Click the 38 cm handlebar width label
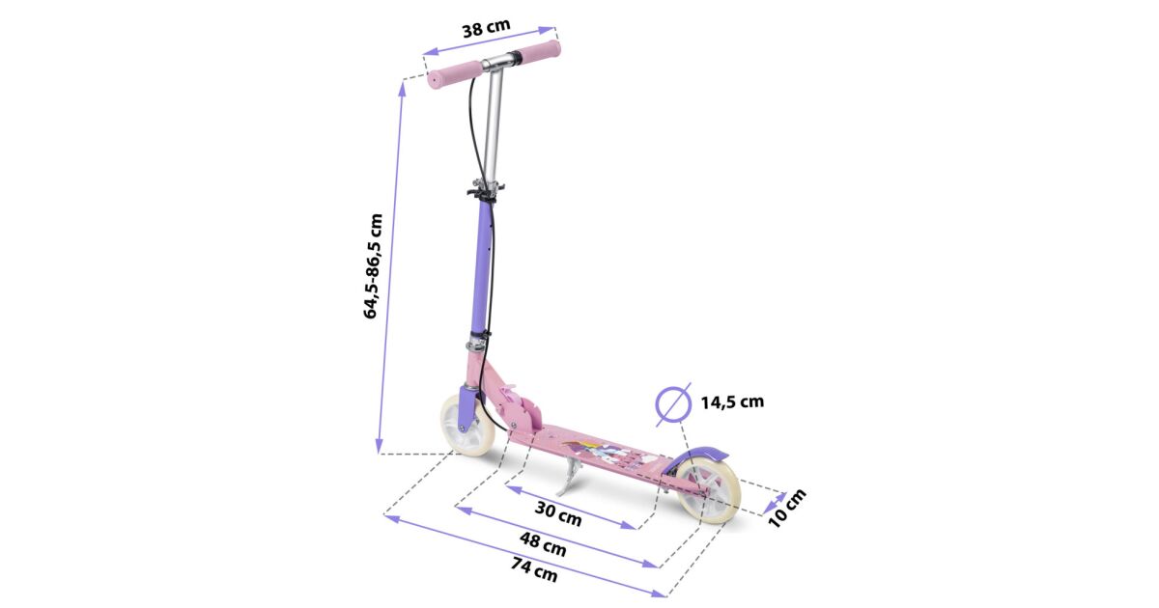[x=486, y=28]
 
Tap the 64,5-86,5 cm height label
[x=373, y=266]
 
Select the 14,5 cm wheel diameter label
[x=732, y=401]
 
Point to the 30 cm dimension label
[x=558, y=512]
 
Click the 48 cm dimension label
[x=543, y=544]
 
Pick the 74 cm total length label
[x=534, y=568]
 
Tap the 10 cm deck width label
[x=786, y=509]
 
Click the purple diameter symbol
[x=674, y=404]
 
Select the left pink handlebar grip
[x=454, y=75]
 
